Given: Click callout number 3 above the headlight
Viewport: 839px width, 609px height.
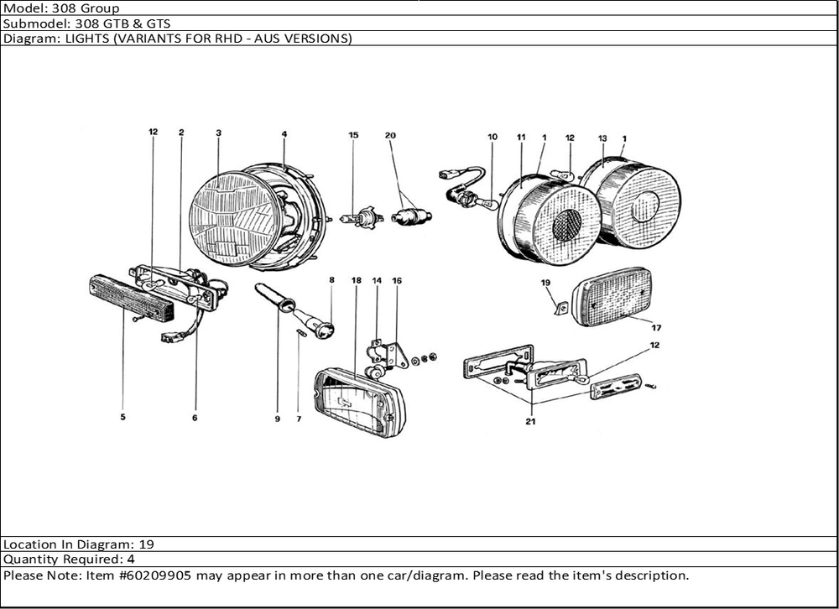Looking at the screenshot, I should tap(218, 133).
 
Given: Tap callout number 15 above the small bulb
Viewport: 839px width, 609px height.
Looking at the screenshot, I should tap(353, 135).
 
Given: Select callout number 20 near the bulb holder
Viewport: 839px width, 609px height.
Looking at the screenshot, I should tap(390, 135).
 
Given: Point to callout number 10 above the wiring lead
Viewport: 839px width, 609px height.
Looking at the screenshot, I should tap(492, 136).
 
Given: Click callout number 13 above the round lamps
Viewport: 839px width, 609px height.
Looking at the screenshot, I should tap(602, 138).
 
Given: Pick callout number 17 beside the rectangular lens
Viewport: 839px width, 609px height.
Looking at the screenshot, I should tap(656, 327).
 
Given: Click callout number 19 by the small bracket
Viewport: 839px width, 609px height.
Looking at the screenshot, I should tap(545, 283).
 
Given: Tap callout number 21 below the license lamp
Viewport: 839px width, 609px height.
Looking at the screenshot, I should tap(530, 422).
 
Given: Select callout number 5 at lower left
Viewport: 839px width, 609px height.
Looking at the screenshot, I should tap(122, 417).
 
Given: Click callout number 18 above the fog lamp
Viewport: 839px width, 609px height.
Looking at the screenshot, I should tap(357, 280).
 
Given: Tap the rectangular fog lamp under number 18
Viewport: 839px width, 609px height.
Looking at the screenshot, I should tap(358, 403).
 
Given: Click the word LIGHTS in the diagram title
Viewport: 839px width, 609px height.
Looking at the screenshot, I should tap(76, 39).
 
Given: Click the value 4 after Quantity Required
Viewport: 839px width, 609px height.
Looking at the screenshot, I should tap(131, 559).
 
